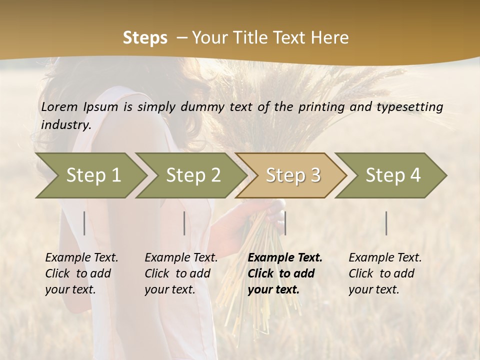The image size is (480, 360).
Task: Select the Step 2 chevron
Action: point(192,175)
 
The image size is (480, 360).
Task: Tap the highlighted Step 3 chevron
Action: point(292,175)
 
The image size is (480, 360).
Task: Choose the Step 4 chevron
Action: point(392,175)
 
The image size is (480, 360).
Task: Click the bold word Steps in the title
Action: point(145,37)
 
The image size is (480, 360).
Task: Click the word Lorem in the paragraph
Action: point(59,106)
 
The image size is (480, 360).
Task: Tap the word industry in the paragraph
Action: point(66,124)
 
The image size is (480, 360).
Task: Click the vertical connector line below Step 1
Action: point(84,223)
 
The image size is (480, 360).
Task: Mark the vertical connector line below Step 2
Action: point(184,223)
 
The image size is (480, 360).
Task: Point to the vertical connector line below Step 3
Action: point(285,223)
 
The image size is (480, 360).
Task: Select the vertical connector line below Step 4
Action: point(386,223)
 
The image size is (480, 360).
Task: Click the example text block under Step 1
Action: point(81,273)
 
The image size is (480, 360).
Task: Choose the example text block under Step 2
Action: point(181,273)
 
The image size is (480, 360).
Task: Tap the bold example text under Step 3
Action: point(285,273)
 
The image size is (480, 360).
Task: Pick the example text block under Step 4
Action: point(385,273)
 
